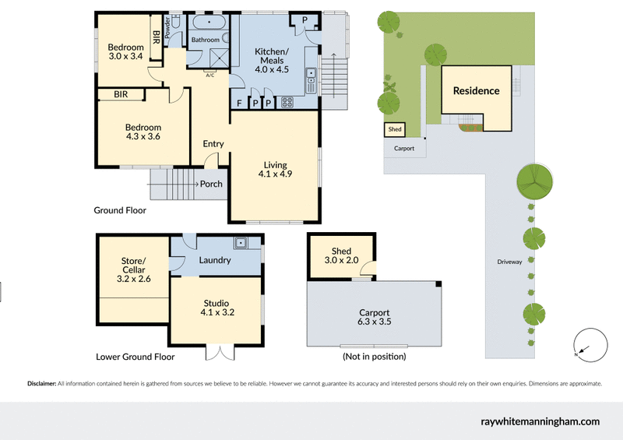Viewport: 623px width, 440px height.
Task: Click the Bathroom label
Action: [x=206, y=40]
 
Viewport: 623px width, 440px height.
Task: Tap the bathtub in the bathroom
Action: [x=209, y=23]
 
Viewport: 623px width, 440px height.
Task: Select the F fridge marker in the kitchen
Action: [x=238, y=102]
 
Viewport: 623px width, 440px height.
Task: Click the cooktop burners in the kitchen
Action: [x=286, y=101]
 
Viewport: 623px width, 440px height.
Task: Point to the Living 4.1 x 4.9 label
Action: [x=275, y=170]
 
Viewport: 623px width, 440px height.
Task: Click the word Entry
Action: [x=213, y=144]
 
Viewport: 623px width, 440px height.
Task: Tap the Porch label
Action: [x=211, y=185]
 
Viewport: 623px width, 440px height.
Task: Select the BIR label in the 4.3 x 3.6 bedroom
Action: [x=121, y=94]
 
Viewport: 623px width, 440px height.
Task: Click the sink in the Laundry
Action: [x=242, y=244]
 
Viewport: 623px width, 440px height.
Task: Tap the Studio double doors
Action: [x=219, y=353]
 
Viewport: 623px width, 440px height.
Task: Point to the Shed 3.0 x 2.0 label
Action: [x=341, y=256]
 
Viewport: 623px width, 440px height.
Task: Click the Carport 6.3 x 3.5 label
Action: [x=373, y=318]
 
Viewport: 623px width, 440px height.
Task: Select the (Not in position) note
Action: [x=374, y=357]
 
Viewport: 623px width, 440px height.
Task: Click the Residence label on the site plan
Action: [x=476, y=91]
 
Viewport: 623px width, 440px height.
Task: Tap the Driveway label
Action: [x=509, y=262]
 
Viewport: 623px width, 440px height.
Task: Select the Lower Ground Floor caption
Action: [x=135, y=357]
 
